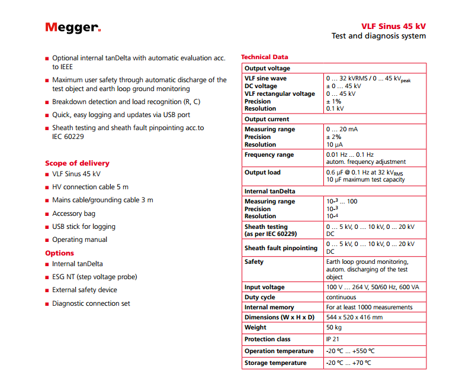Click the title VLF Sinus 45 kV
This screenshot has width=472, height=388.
(x=393, y=26)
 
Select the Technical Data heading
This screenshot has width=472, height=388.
(x=264, y=57)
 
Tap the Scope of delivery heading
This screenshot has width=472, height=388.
(x=77, y=163)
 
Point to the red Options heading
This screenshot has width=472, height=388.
(x=59, y=253)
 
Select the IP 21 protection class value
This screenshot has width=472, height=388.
(x=333, y=339)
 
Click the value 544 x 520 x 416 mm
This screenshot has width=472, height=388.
(x=354, y=317)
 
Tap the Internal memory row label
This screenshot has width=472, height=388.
(x=269, y=308)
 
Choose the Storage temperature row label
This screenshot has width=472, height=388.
(x=275, y=363)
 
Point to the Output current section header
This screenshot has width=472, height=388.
(x=266, y=119)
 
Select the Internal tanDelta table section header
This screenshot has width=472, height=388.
(x=269, y=192)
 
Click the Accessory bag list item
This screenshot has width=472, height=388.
(x=73, y=214)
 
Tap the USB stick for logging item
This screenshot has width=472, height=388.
(x=84, y=227)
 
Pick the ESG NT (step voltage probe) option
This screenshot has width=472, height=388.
(x=94, y=277)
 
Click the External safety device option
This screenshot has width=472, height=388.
(x=84, y=290)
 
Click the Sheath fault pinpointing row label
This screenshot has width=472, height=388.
(x=281, y=248)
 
